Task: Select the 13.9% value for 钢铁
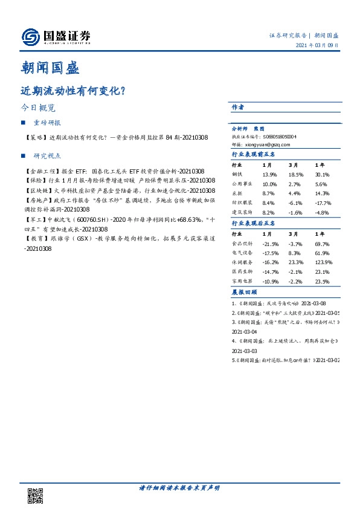269,174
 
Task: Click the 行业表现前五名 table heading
254,154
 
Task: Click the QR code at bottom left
36,495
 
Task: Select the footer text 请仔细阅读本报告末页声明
179,488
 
